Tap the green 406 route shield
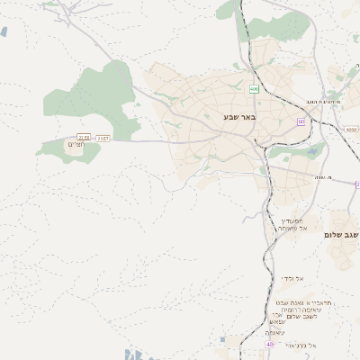(255, 89)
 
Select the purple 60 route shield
(301, 121)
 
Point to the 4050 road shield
(351, 130)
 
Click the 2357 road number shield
(103, 138)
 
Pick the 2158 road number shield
(84, 138)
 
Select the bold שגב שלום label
(341, 235)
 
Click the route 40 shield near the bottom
(270, 344)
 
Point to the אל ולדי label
(292, 278)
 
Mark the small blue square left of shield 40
(223, 339)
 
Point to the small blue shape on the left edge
(4, 31)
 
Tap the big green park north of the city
(288, 27)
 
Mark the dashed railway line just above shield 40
(270, 319)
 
